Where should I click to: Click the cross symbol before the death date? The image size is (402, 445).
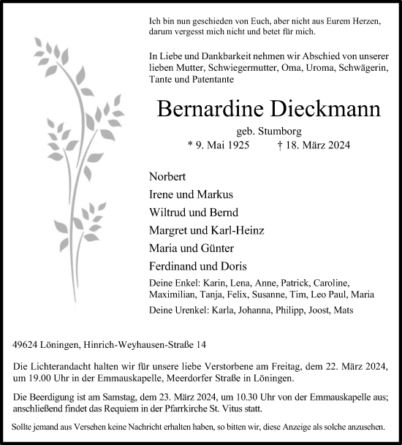click(x=281, y=145)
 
